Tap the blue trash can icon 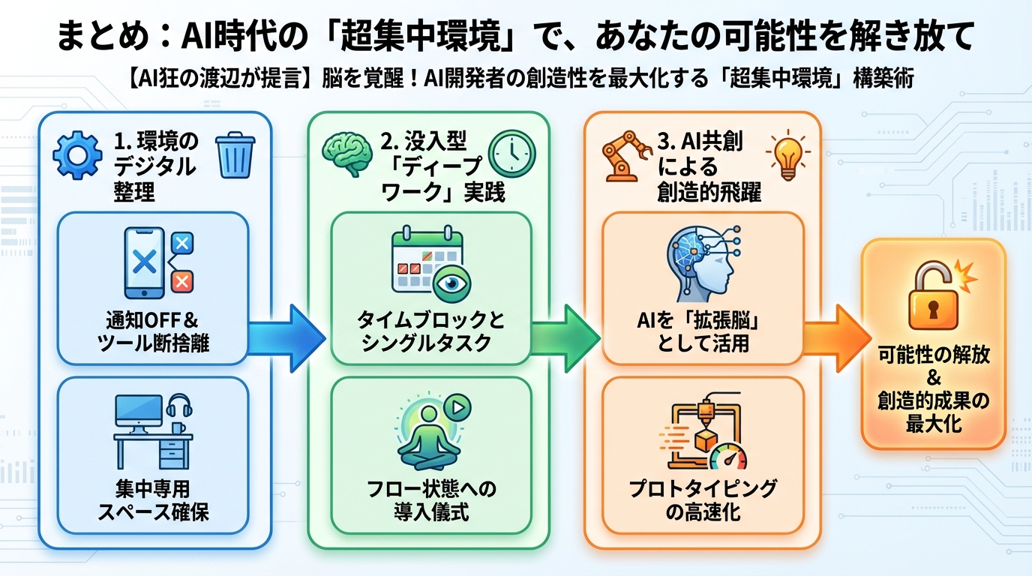point(234,155)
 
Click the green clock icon point(511,154)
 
